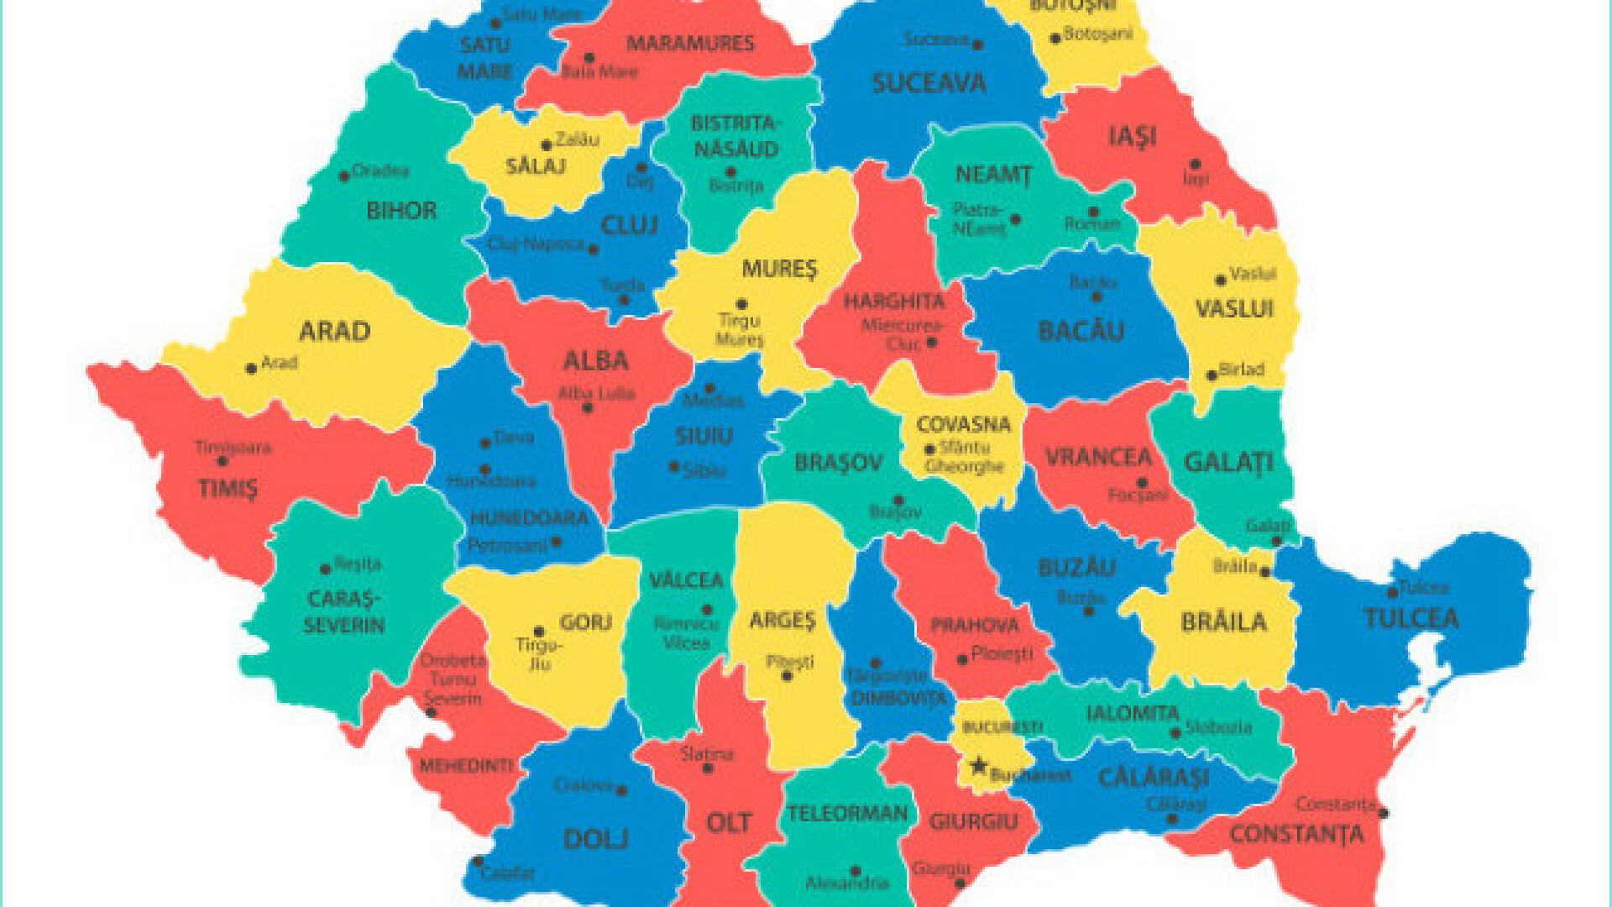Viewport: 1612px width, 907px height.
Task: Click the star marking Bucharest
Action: point(978,765)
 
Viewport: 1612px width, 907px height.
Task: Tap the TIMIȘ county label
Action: point(228,488)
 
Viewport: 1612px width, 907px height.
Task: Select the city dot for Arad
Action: point(250,369)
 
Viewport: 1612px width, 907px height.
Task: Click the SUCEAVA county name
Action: point(929,83)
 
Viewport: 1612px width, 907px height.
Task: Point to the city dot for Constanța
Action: point(1383,813)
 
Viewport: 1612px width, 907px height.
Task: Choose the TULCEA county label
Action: point(1410,619)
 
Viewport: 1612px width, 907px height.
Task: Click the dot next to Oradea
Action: point(344,176)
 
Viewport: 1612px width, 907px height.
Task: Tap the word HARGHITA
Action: point(894,301)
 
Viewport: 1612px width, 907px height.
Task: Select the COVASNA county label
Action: point(963,425)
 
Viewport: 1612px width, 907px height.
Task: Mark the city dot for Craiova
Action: point(622,790)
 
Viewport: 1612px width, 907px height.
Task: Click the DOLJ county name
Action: point(595,838)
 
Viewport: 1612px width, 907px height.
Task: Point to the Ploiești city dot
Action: point(962,659)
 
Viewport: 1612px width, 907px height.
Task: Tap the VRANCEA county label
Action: point(1098,458)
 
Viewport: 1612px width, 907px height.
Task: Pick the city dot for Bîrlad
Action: point(1212,375)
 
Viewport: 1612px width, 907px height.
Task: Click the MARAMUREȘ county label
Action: point(690,44)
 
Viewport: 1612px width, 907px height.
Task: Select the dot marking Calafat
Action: point(478,862)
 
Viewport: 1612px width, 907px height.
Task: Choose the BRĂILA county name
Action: point(1223,622)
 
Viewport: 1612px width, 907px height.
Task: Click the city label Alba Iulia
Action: point(597,394)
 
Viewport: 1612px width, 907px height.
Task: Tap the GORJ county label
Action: point(585,622)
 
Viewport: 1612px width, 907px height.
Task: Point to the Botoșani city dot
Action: point(1055,39)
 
